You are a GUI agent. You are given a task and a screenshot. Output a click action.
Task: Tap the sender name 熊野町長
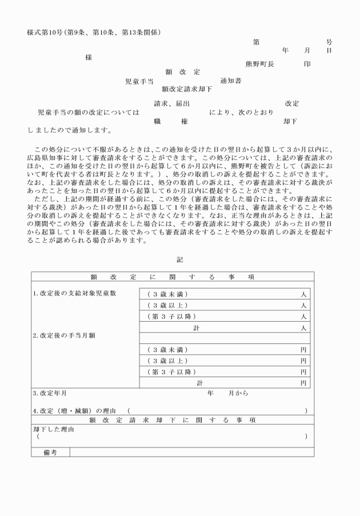click(x=259, y=64)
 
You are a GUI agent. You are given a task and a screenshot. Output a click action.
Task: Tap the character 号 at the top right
click(x=329, y=42)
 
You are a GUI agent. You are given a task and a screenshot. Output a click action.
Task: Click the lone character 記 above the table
click(x=180, y=259)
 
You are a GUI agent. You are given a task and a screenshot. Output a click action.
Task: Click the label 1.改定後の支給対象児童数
click(x=75, y=294)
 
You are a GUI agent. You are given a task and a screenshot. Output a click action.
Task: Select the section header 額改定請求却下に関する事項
click(x=172, y=420)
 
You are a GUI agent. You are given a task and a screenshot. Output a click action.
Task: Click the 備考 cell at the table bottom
click(x=51, y=453)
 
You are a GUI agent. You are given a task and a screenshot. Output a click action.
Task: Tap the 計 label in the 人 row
click(x=197, y=327)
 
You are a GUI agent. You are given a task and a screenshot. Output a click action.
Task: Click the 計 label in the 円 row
click(x=199, y=382)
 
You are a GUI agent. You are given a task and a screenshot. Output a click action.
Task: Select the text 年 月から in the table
click(x=228, y=394)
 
